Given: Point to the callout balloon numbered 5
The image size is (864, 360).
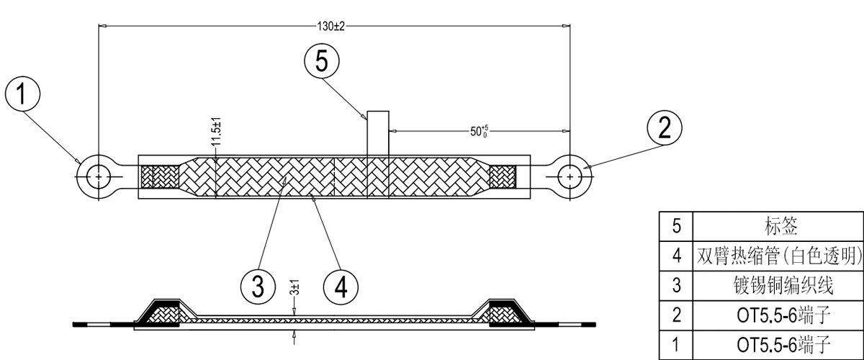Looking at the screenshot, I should [321, 61].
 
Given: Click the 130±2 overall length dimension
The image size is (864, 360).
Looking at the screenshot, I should [331, 26].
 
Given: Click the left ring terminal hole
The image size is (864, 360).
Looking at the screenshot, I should [98, 175].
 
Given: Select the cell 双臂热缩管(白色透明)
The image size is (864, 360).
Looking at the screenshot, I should [778, 256].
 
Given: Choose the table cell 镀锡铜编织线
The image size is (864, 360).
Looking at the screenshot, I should [778, 285].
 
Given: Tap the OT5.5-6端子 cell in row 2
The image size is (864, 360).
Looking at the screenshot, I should [778, 315].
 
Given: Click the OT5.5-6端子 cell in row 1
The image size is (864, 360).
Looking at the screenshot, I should [778, 344].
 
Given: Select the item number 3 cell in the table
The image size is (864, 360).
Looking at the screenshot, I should [676, 285].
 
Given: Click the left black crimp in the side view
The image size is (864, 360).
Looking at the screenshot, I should [160, 311].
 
